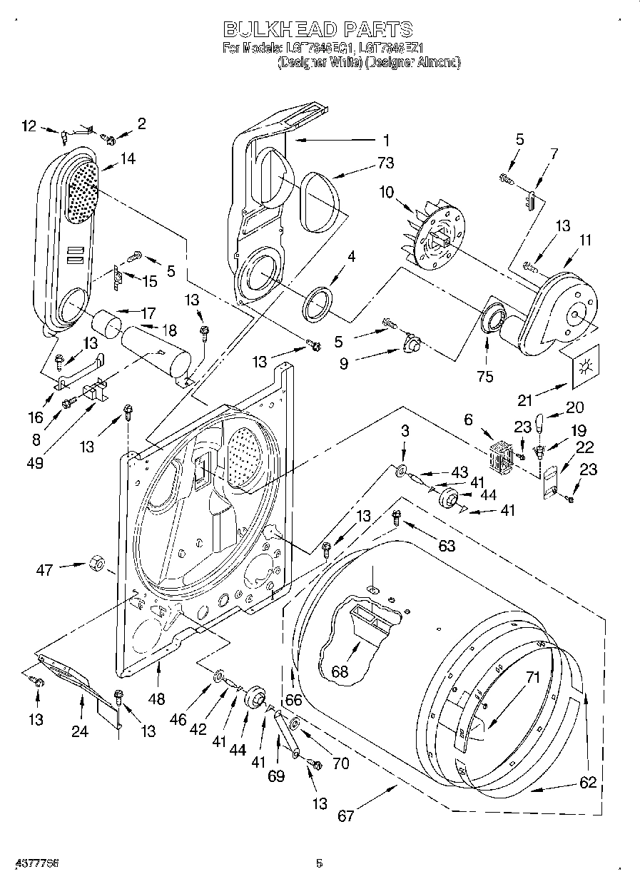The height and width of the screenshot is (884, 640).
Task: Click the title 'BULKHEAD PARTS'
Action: pos(318,29)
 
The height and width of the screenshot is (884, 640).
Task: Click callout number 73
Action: pos(385,163)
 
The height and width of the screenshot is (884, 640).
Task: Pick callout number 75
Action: pos(485,377)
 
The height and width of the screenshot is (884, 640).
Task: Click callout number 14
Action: pos(128,160)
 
